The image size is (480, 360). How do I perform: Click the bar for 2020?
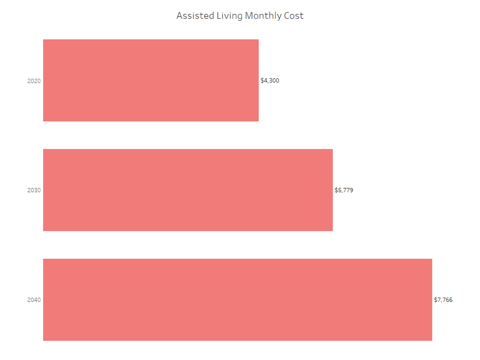tap(151, 80)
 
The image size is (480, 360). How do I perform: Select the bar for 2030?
tap(188, 190)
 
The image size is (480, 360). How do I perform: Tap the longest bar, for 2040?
tap(238, 300)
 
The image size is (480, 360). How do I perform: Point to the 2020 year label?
tap(34, 81)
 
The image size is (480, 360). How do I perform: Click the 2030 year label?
tap(34, 190)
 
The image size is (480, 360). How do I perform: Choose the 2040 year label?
tap(34, 300)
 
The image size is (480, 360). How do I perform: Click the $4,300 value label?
tap(270, 81)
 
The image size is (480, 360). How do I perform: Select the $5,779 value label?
tap(344, 190)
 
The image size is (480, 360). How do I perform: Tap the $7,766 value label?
tap(443, 300)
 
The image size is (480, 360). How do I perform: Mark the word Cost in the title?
tap(294, 16)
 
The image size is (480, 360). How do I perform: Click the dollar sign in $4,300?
tap(262, 81)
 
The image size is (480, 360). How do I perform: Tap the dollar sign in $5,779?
tap(336, 190)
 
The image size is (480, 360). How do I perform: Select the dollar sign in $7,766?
tap(435, 300)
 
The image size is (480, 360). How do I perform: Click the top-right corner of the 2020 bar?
tap(259, 39)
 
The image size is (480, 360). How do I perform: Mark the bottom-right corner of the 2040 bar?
tap(432, 341)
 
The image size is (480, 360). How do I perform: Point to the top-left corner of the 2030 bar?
tap(43, 149)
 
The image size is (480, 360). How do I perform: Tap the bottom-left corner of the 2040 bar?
tap(43, 341)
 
